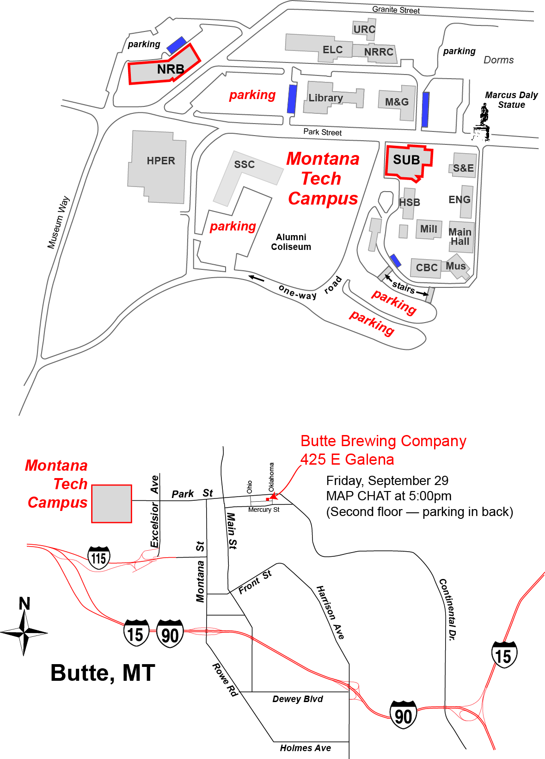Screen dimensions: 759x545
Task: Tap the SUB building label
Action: (x=406, y=160)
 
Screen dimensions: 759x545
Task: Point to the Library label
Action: (x=325, y=98)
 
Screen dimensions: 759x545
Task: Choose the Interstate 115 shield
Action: (x=99, y=558)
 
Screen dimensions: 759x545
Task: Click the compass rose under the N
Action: (x=24, y=631)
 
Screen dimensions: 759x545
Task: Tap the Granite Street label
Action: (x=396, y=10)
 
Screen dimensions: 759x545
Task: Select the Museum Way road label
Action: (x=58, y=222)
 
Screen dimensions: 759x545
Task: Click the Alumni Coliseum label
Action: (x=291, y=242)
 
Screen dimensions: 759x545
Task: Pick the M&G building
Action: (x=397, y=102)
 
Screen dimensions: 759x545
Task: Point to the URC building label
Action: (x=364, y=29)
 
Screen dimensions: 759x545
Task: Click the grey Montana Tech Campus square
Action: (x=111, y=504)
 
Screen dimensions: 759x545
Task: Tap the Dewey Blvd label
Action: (x=297, y=699)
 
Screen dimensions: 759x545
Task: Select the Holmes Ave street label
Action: (x=305, y=748)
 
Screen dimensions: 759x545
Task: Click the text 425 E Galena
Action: (x=347, y=460)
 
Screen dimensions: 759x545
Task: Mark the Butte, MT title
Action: (x=102, y=673)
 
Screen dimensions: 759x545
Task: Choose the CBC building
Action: (x=426, y=268)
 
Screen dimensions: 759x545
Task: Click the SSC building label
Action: (x=244, y=164)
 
